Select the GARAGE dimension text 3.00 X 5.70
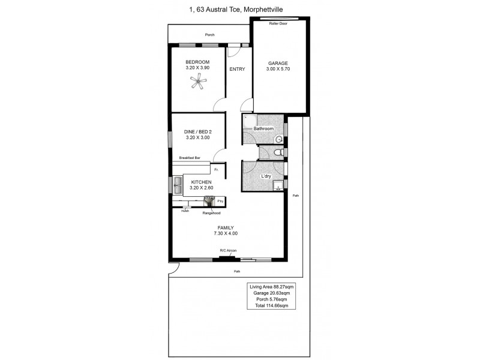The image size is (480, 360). tap(278, 70)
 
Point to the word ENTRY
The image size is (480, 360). tap(237, 69)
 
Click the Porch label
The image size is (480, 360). tap(209, 35)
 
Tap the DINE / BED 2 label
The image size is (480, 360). tap(197, 131)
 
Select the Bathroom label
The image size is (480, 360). tap(263, 129)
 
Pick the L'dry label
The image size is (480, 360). tap(267, 176)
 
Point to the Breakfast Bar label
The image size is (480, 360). tap(189, 158)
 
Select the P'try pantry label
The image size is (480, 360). tap(220, 201)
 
